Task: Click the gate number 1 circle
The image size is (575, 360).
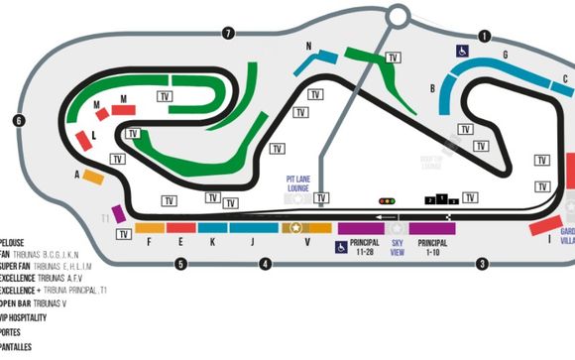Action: (485, 37)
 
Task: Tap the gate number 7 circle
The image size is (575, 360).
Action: (228, 34)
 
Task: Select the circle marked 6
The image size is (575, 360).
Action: (19, 121)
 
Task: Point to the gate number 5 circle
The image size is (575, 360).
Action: (180, 264)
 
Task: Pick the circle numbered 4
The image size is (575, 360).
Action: (266, 264)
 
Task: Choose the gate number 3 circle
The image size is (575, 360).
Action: (482, 264)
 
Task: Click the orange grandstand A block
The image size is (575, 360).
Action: (92, 177)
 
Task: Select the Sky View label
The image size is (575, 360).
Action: (398, 246)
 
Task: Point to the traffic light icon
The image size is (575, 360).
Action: (386, 200)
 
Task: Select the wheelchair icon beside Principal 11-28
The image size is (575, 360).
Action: (340, 247)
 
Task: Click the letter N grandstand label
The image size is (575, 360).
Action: (308, 47)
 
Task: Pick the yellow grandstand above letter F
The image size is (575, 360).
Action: (150, 228)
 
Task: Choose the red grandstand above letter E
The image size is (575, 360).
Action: (180, 228)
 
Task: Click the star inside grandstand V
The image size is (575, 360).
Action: (295, 228)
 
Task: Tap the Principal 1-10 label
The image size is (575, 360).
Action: (432, 246)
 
